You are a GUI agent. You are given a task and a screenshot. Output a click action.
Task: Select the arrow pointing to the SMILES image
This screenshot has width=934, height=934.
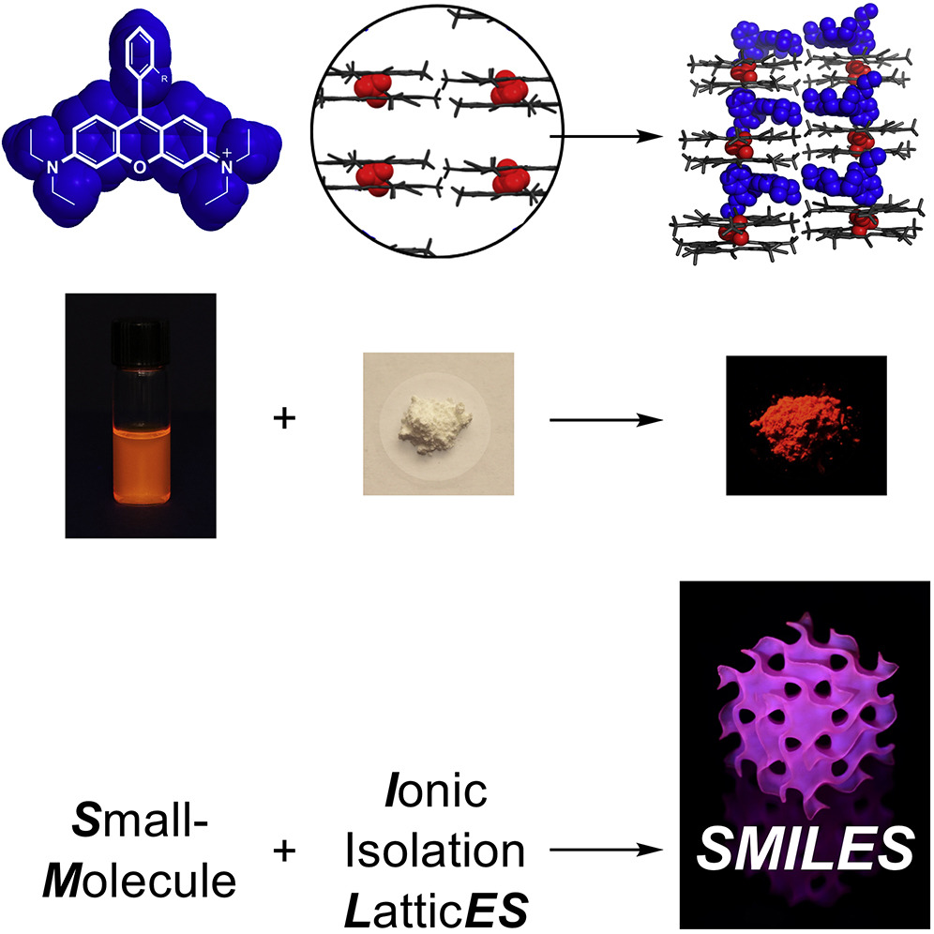pyautogui.click(x=600, y=851)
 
